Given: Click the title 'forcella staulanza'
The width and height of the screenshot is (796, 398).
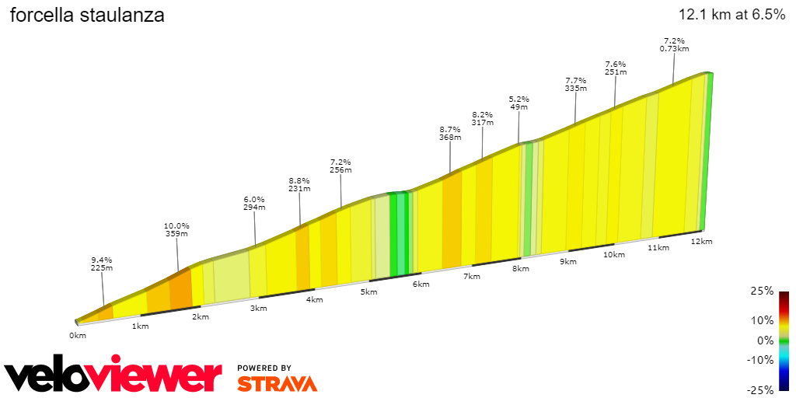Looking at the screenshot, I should pyautogui.click(x=87, y=16).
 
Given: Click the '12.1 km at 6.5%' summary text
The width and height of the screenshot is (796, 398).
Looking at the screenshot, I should pyautogui.click(x=731, y=15).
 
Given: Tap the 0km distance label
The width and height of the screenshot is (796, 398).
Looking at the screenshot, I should pyautogui.click(x=77, y=335).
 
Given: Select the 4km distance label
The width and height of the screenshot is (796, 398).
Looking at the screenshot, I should pyautogui.click(x=314, y=300).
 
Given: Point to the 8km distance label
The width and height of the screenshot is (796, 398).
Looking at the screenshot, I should pyautogui.click(x=520, y=269).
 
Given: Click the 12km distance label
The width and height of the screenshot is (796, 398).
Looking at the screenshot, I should pyautogui.click(x=701, y=242).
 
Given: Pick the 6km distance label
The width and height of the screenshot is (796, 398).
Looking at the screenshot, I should pyautogui.click(x=421, y=285).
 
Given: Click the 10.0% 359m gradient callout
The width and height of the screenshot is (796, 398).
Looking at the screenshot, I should pyautogui.click(x=177, y=229).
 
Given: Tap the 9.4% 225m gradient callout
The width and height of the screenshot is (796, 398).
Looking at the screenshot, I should pyautogui.click(x=102, y=264).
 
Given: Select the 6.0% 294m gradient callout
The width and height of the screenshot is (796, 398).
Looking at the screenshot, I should pyautogui.click(x=254, y=203).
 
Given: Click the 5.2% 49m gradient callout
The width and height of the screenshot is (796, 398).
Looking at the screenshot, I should pyautogui.click(x=518, y=103).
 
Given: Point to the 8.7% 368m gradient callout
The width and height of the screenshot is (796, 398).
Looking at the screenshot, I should pyautogui.click(x=450, y=133).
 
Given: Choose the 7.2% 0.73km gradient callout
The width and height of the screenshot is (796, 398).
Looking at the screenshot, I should pyautogui.click(x=674, y=44).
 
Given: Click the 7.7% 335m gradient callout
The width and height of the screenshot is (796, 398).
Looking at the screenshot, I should pyautogui.click(x=575, y=84).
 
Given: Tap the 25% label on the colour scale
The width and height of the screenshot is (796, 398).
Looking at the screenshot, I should pyautogui.click(x=763, y=291).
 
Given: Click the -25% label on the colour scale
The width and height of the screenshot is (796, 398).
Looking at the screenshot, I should pyautogui.click(x=762, y=389).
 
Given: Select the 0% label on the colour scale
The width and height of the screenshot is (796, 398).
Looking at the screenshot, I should pyautogui.click(x=766, y=340).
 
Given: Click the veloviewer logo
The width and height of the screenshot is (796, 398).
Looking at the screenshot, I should pyautogui.click(x=113, y=376).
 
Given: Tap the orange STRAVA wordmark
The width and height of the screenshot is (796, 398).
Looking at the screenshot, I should pyautogui.click(x=277, y=384).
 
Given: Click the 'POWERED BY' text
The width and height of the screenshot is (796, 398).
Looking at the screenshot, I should pyautogui.click(x=264, y=368).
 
